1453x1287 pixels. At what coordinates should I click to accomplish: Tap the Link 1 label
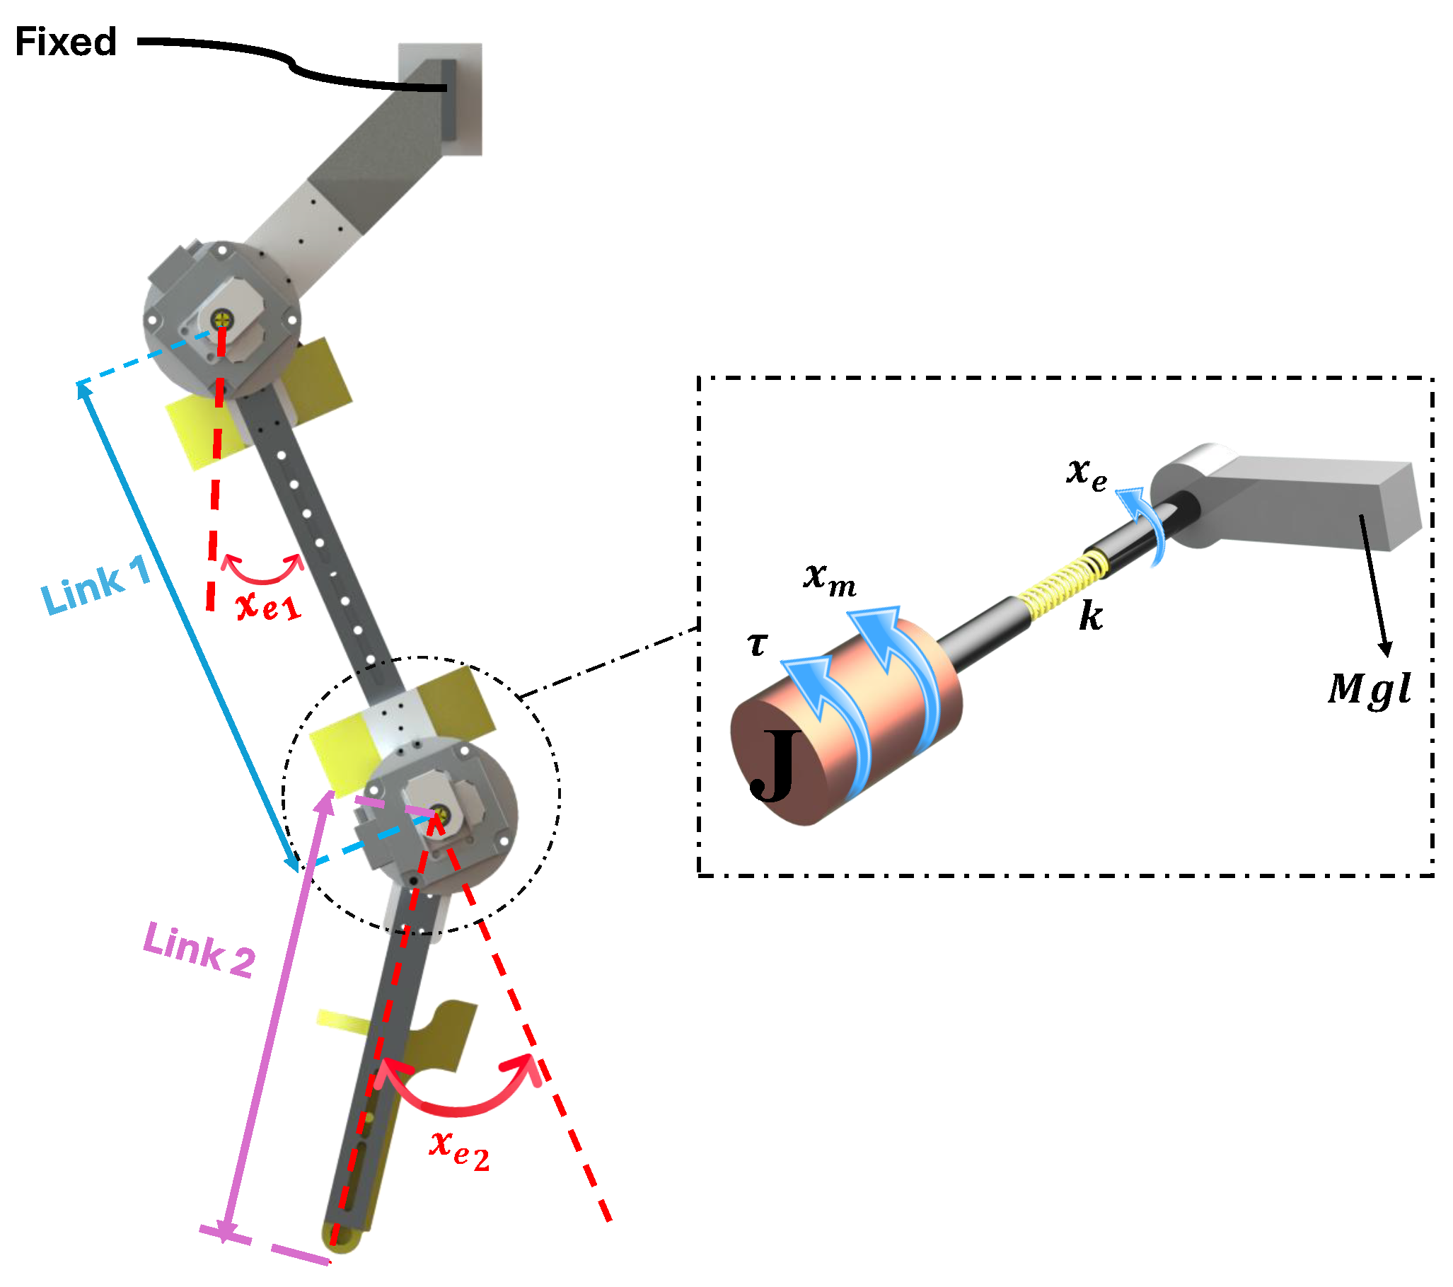click(96, 584)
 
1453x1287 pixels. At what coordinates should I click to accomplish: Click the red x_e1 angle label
click(269, 606)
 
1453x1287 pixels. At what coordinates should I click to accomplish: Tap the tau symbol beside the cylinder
click(758, 645)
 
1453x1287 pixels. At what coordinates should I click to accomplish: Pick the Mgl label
click(1369, 688)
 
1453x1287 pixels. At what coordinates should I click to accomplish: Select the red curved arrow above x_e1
click(262, 570)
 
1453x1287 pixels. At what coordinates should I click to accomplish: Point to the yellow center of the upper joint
click(223, 318)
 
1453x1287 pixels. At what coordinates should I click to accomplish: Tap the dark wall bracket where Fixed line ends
click(448, 100)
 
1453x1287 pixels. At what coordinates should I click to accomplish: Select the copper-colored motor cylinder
click(846, 722)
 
